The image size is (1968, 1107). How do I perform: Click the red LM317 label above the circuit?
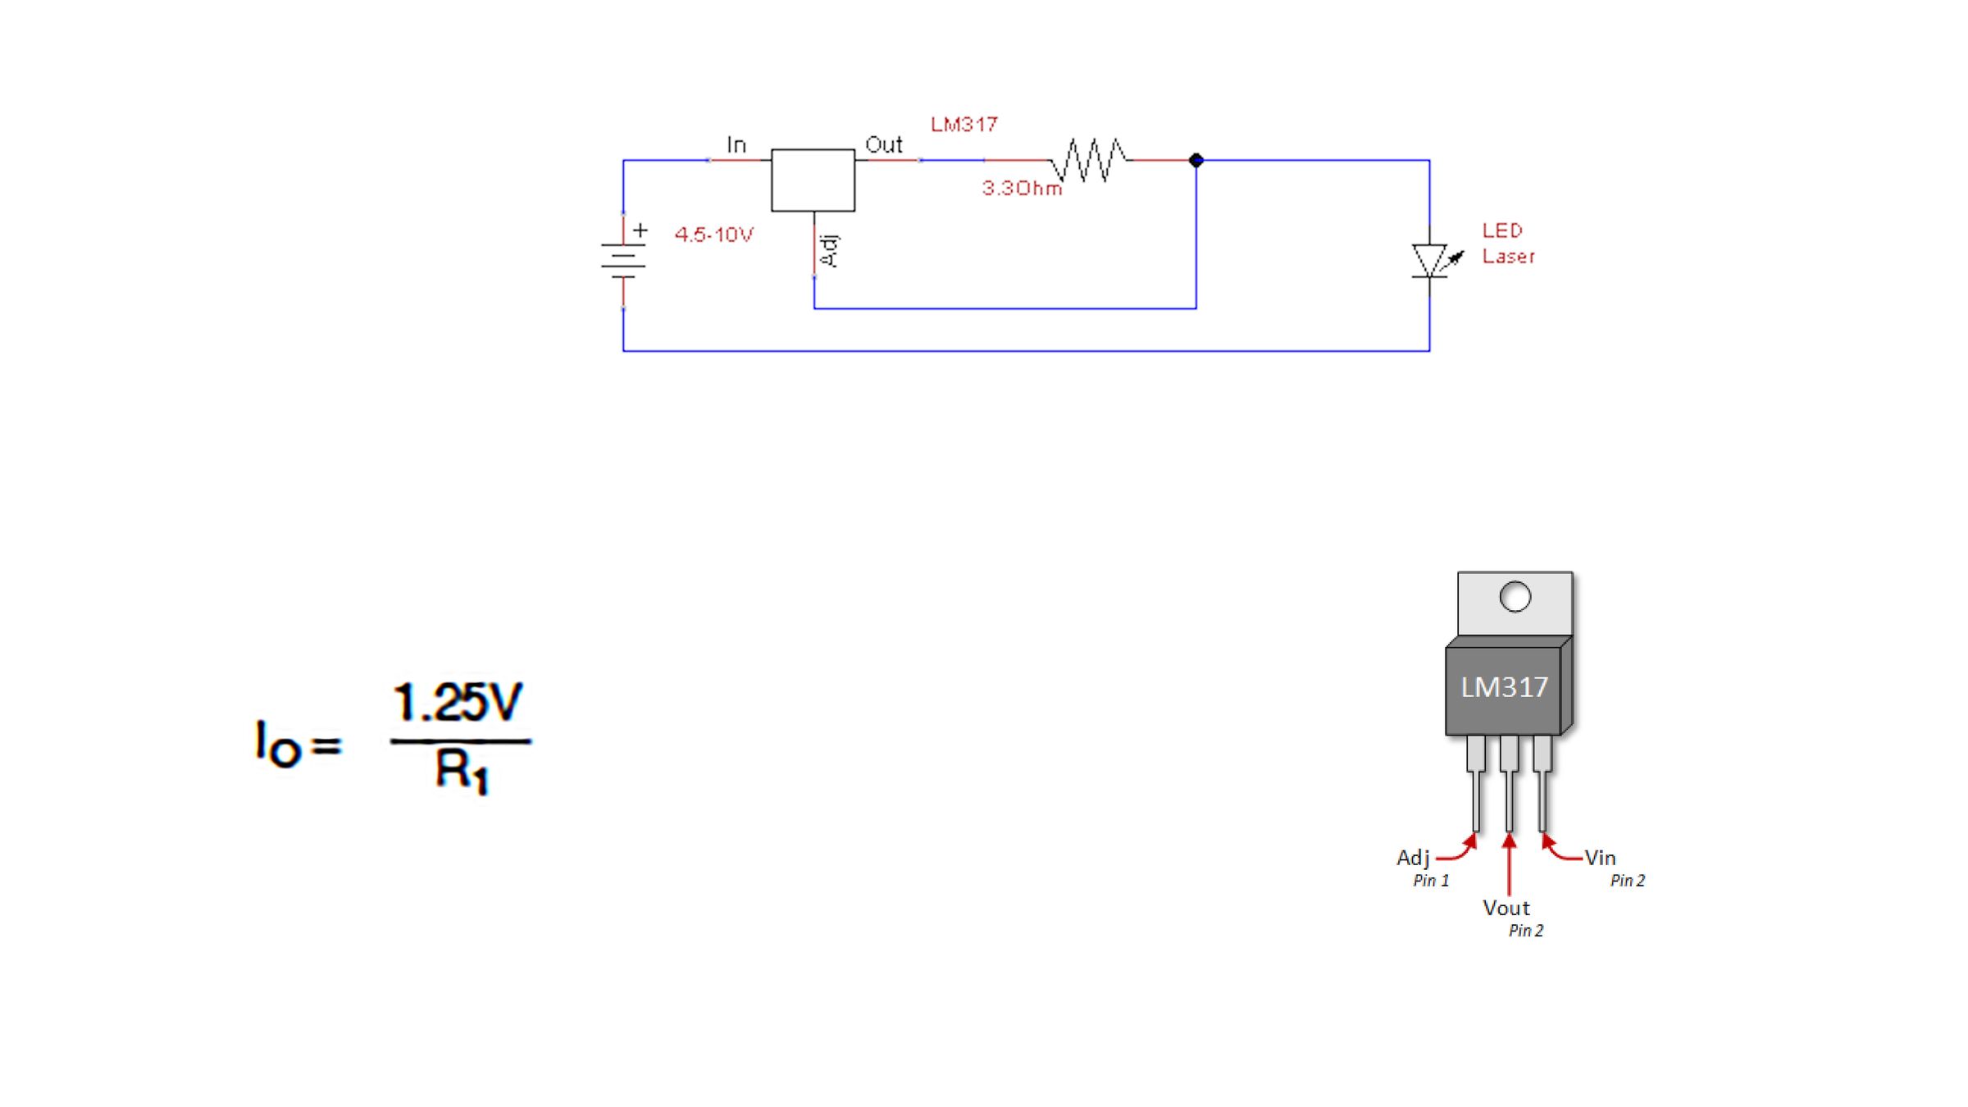(x=963, y=125)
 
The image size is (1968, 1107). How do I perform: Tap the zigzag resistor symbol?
(x=1089, y=160)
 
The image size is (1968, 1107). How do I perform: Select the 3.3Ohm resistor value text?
(x=1022, y=189)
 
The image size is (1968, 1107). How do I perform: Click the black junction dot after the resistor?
(x=1196, y=160)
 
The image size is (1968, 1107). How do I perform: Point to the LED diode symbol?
(x=1430, y=261)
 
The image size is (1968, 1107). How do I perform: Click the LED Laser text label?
(x=1507, y=244)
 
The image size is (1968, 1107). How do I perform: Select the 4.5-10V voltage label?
(x=713, y=235)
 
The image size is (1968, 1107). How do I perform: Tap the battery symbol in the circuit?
(x=623, y=261)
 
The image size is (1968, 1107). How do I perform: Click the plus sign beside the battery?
(x=640, y=230)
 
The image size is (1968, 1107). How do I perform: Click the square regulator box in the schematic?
(x=813, y=180)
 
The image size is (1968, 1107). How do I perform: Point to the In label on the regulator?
(x=736, y=146)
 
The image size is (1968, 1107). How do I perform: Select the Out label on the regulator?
(x=883, y=145)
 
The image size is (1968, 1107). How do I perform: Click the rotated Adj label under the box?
(x=830, y=250)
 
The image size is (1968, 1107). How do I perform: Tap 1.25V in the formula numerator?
(x=458, y=703)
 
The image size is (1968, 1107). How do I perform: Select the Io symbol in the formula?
(x=277, y=745)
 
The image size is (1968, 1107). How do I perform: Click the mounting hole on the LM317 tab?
(x=1515, y=597)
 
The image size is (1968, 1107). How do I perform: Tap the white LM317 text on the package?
(x=1504, y=687)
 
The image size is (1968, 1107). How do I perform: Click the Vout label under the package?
(x=1506, y=908)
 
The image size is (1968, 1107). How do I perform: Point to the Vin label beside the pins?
(x=1600, y=858)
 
